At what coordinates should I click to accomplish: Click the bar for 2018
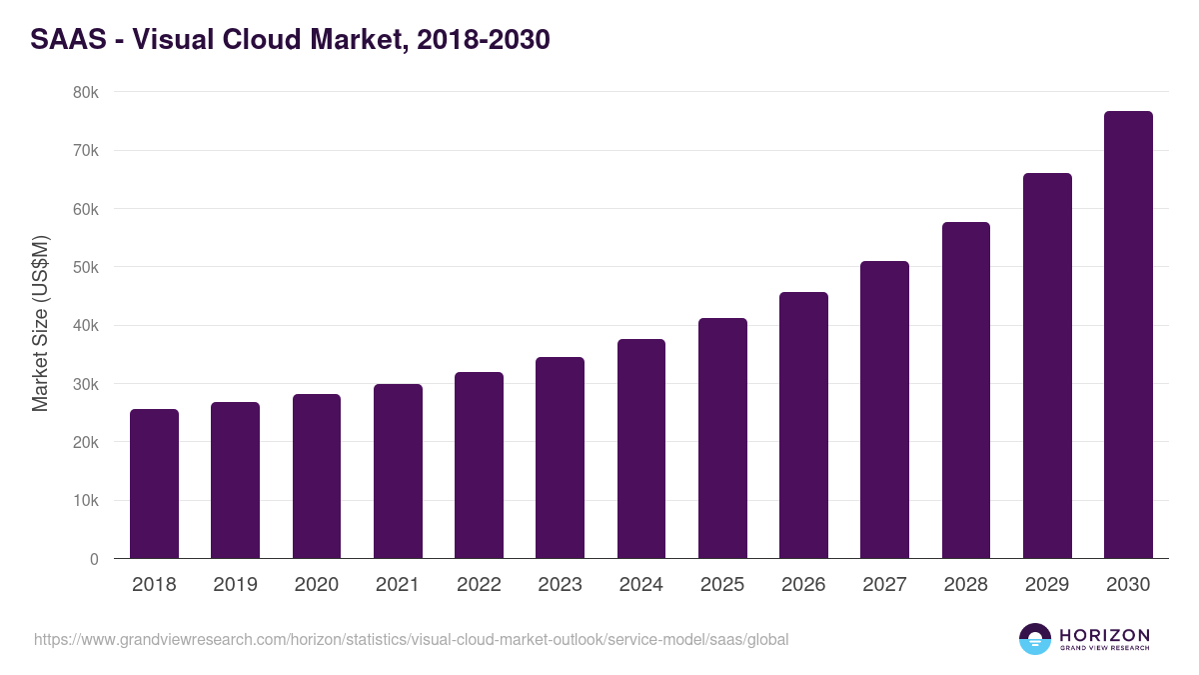(x=154, y=484)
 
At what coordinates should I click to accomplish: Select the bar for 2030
(x=1128, y=335)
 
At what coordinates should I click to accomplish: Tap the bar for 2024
(x=641, y=449)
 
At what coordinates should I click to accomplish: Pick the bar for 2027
(x=884, y=410)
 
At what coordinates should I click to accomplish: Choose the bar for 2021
(x=398, y=471)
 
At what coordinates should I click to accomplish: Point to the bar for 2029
(x=1047, y=366)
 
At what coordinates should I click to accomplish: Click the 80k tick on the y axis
(x=87, y=93)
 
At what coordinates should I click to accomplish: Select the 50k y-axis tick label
(x=87, y=268)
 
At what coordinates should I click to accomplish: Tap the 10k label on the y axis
(x=87, y=501)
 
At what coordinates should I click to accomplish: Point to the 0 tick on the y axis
(x=94, y=559)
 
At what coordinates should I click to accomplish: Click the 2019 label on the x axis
(x=235, y=585)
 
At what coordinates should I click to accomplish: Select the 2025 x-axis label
(x=722, y=585)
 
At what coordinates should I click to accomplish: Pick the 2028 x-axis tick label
(x=966, y=585)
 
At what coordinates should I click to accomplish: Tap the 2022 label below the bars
(x=479, y=585)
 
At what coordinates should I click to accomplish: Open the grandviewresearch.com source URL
(x=411, y=639)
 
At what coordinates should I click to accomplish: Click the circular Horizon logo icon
(x=1035, y=639)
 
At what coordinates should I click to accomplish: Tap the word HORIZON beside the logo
(x=1104, y=635)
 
